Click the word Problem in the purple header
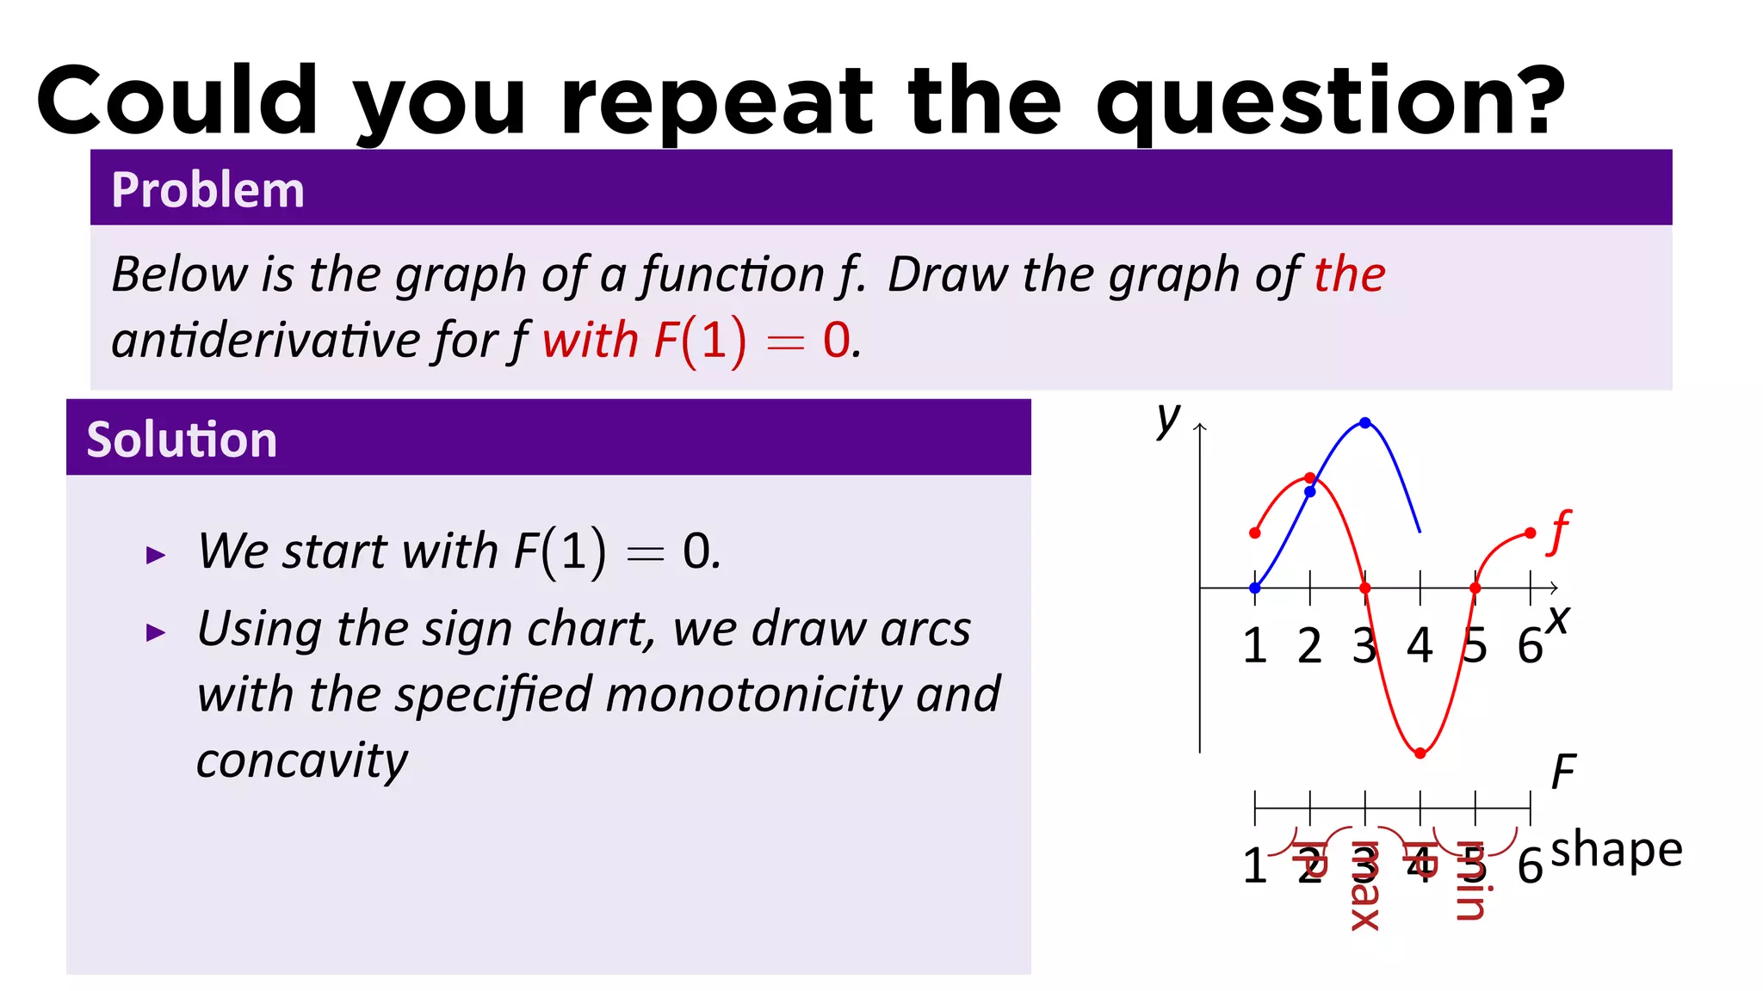pos(207,190)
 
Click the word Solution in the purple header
pos(182,440)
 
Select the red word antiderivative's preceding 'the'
pos(1349,274)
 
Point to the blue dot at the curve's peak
pos(1365,422)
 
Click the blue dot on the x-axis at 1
pos(1255,588)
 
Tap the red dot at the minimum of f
pos(1420,754)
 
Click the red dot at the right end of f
pos(1530,533)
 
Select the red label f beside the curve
pos(1558,532)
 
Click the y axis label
pos(1167,419)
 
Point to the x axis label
pos(1558,619)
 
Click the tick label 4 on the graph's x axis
pos(1420,645)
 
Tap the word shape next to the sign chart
pos(1616,850)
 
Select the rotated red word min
pos(1470,880)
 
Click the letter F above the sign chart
pos(1563,772)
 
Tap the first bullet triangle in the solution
pos(156,555)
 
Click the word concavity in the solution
pos(302,760)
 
